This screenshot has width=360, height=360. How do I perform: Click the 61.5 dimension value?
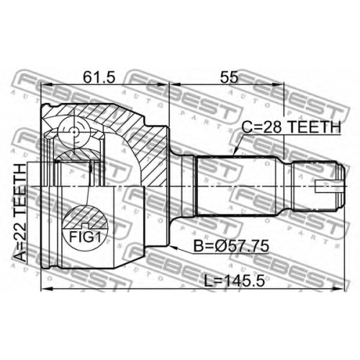[x=99, y=77]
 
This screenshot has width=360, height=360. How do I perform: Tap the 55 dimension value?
[x=230, y=77]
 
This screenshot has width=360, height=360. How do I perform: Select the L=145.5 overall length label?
[x=235, y=282]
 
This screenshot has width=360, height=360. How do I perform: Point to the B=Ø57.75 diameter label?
[x=231, y=246]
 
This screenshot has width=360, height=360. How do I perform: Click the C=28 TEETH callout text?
[x=291, y=127]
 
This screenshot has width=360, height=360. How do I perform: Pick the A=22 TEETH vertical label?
[x=20, y=212]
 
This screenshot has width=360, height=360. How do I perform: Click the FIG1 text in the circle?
[x=85, y=238]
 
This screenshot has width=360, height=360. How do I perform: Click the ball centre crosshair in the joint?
[x=74, y=132]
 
